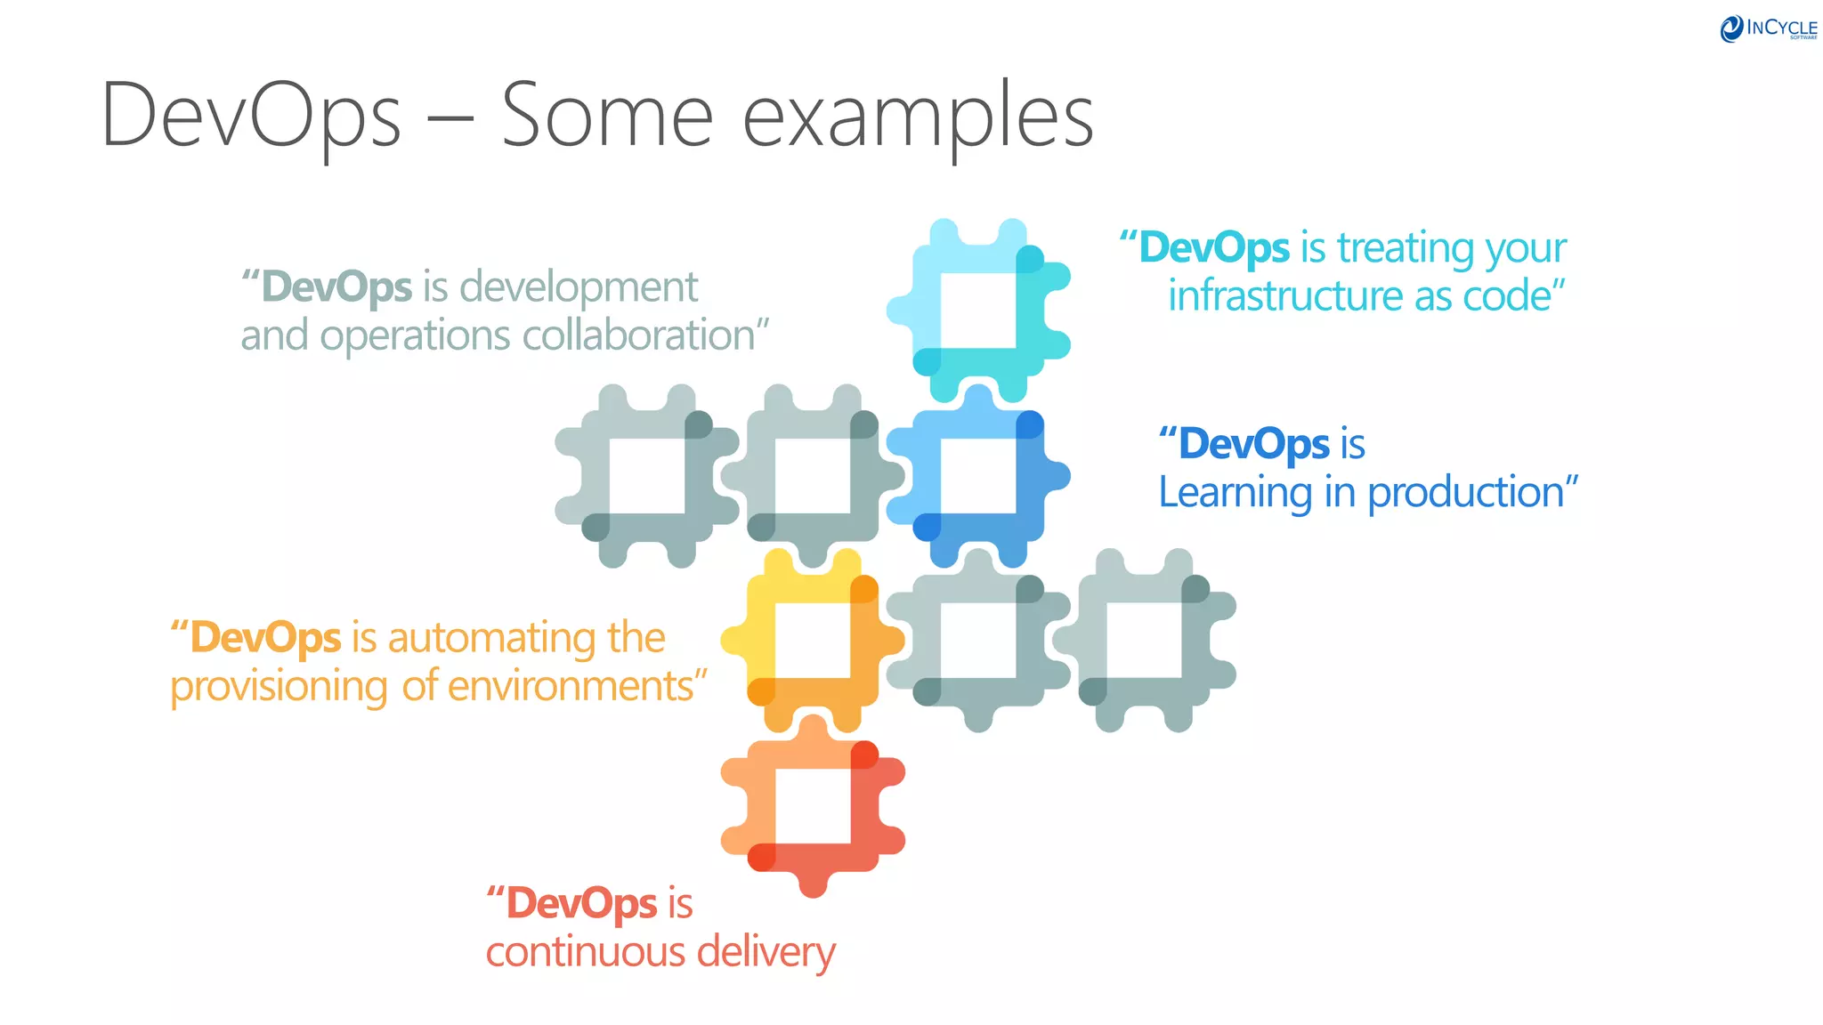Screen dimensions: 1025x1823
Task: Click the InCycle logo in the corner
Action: (1768, 28)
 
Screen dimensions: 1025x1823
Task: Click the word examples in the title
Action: (918, 117)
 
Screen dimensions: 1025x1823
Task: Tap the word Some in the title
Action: (607, 115)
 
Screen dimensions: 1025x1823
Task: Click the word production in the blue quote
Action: (1465, 493)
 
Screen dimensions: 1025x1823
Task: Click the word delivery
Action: (766, 952)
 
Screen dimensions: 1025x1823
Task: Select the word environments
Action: (570, 686)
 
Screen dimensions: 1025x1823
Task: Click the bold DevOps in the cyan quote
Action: (1214, 247)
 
